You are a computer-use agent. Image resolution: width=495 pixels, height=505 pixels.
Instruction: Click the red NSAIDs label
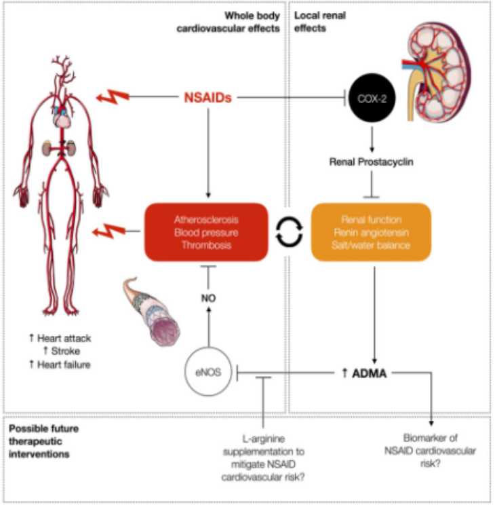pyautogui.click(x=208, y=98)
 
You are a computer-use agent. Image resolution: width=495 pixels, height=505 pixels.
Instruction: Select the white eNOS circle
pyautogui.click(x=207, y=372)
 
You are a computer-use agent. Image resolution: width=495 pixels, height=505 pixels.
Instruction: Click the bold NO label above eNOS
pyautogui.click(x=207, y=297)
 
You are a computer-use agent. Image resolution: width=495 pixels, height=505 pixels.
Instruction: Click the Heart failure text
pyautogui.click(x=61, y=364)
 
